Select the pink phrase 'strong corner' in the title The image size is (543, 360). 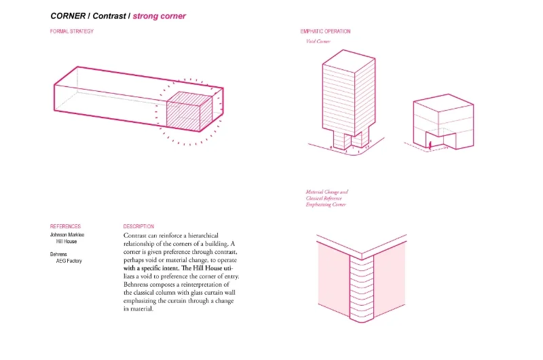[x=159, y=15]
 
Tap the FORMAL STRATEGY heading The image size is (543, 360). [x=72, y=31]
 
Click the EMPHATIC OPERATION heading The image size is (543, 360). [x=326, y=31]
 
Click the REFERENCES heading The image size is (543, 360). [x=65, y=226]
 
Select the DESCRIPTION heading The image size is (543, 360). [x=138, y=226]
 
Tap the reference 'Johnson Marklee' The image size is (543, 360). [x=67, y=235]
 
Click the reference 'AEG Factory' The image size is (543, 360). [x=69, y=261]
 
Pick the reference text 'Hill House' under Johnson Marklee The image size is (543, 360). [x=67, y=241]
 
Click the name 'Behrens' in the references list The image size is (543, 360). [x=60, y=254]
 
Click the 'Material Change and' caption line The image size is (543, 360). [x=326, y=192]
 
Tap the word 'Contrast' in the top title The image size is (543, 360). [x=109, y=15]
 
